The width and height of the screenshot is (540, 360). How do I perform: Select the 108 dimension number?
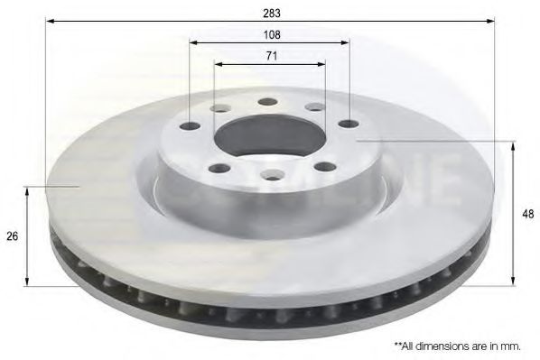tap(270, 34)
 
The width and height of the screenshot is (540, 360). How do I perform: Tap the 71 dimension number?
tap(270, 56)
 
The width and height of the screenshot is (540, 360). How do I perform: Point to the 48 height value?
tap(528, 214)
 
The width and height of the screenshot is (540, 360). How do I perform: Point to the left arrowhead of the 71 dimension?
tap(218, 64)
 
